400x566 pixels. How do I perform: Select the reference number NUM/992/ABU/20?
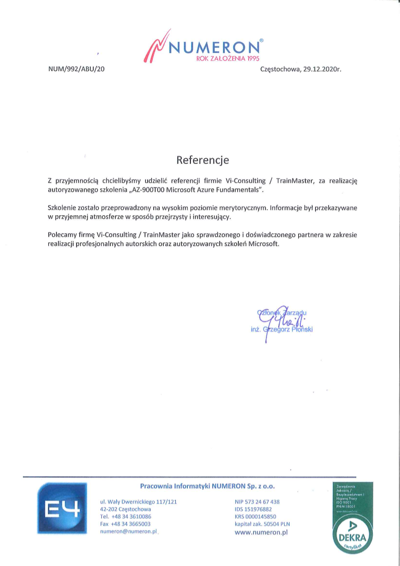(76, 70)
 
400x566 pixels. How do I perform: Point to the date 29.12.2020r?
(322, 70)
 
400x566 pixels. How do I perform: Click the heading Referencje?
(203, 160)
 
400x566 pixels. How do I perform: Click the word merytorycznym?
(244, 208)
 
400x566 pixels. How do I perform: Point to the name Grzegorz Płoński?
(292, 330)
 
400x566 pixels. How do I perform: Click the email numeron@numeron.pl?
(129, 532)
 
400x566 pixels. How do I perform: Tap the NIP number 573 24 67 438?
(262, 502)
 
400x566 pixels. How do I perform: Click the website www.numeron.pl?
(261, 532)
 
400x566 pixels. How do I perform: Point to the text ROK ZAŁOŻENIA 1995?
(227, 59)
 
